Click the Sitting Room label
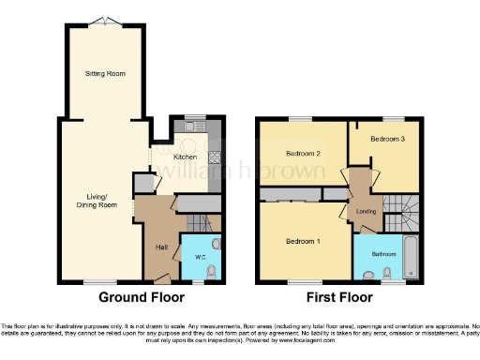click(105, 73)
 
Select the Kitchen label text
click(185, 156)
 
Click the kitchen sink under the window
click(195, 127)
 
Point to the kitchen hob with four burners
click(215, 157)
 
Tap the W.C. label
click(200, 256)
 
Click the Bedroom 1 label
click(304, 242)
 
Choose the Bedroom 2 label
click(304, 154)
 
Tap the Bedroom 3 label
click(387, 139)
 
